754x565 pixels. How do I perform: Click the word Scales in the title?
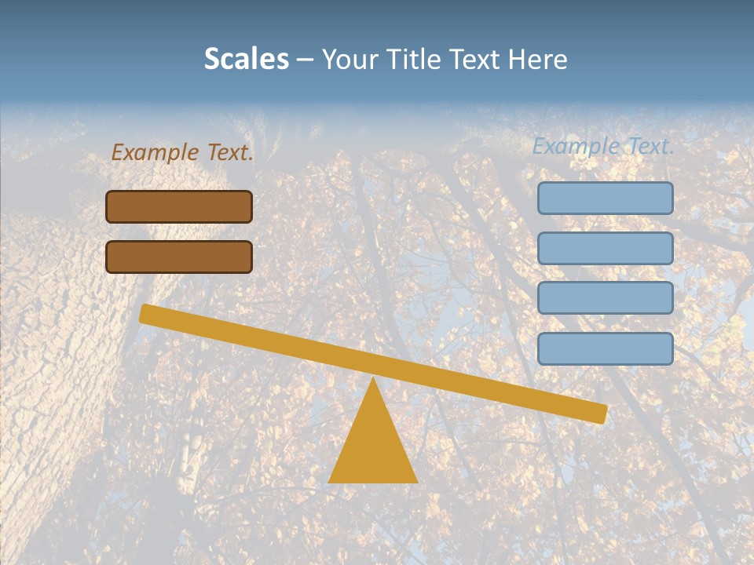pyautogui.click(x=247, y=60)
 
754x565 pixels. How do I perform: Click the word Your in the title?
pyautogui.click(x=350, y=60)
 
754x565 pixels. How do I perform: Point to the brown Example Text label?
pyautogui.click(x=182, y=152)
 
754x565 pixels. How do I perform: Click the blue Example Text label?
pyautogui.click(x=603, y=146)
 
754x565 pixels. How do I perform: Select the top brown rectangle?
pyautogui.click(x=179, y=207)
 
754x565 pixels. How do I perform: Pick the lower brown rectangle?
pyautogui.click(x=179, y=257)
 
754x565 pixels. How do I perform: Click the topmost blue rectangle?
pyautogui.click(x=606, y=199)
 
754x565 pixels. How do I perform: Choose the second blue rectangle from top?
pyautogui.click(x=606, y=248)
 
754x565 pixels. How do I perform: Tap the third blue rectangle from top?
pyautogui.click(x=606, y=298)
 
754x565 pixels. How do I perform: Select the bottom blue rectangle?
pyautogui.click(x=606, y=348)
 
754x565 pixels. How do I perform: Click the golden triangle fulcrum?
pyautogui.click(x=373, y=447)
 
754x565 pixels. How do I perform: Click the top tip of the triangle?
pyautogui.click(x=373, y=380)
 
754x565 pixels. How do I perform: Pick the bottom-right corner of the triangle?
pyautogui.click(x=415, y=481)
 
